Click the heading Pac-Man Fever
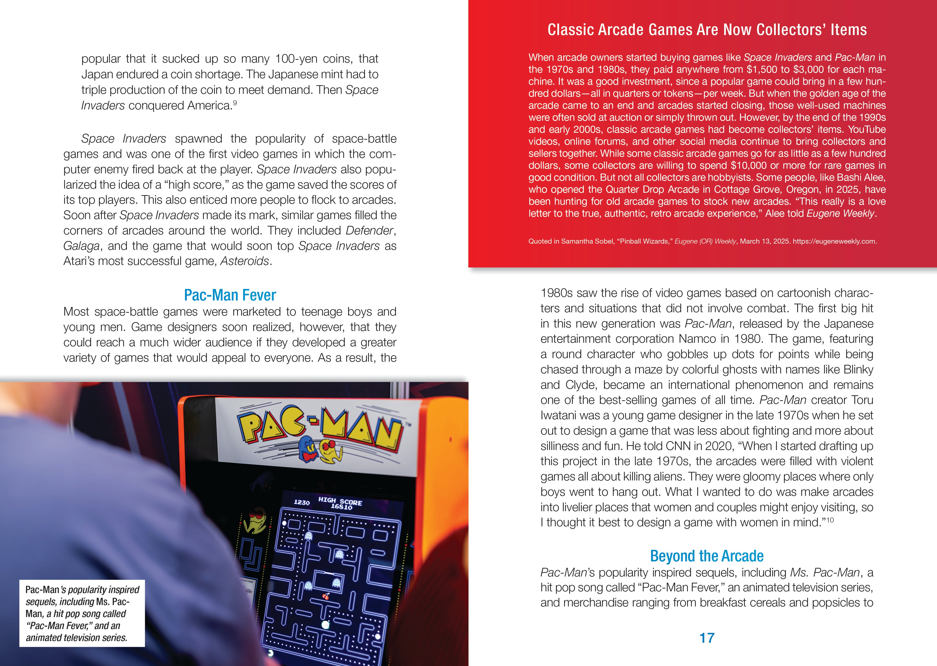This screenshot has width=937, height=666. point(230,295)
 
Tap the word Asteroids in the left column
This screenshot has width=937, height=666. point(245,261)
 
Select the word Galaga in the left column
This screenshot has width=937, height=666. point(81,246)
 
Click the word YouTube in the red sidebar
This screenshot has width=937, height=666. point(867,130)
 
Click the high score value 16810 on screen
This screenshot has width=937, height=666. point(341,507)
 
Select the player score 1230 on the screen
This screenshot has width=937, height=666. point(302,502)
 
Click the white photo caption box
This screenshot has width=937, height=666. point(82,613)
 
